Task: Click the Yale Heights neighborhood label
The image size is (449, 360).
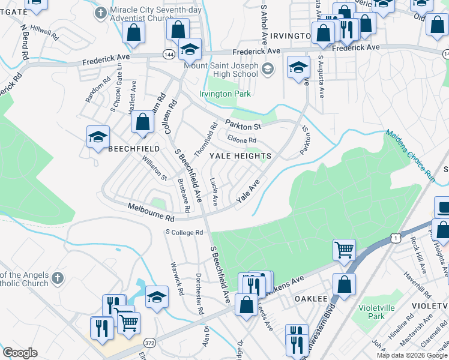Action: (240, 156)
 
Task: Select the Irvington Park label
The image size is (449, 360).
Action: (225, 94)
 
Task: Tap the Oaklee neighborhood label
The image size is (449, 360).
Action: (311, 298)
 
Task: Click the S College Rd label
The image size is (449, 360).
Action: (184, 232)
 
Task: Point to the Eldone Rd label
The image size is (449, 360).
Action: (242, 140)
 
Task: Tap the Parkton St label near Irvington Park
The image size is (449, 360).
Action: (243, 126)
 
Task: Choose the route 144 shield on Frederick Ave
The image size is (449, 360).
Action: (168, 54)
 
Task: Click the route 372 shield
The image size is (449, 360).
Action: (150, 343)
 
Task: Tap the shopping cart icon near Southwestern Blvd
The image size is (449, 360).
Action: (345, 250)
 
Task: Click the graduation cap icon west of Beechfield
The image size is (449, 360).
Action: (98, 137)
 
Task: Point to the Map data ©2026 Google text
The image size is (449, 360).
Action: (411, 355)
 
